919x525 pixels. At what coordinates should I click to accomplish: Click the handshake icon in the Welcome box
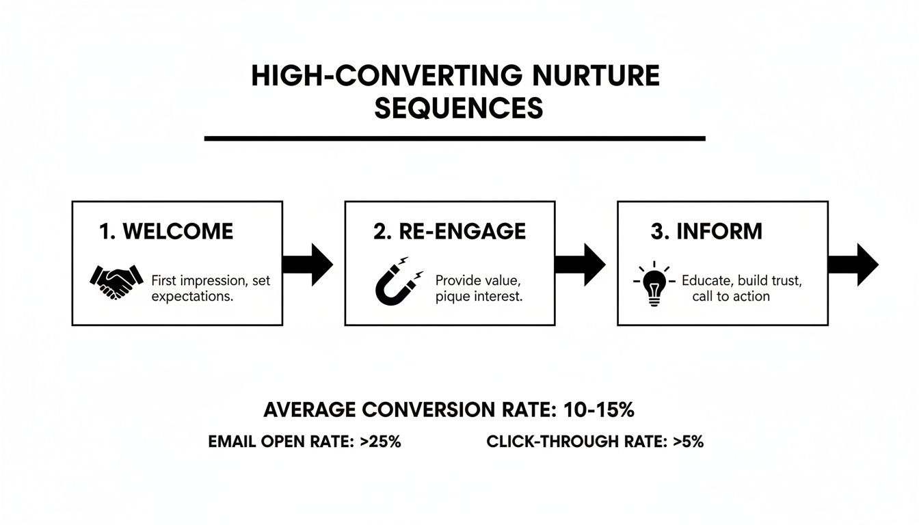tap(116, 281)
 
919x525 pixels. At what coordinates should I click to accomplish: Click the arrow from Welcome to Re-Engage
tap(308, 264)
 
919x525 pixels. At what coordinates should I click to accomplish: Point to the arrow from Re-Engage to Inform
tap(581, 264)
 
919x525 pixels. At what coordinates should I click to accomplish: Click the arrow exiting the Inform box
tap(853, 264)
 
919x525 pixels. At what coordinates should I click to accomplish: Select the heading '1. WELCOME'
tap(166, 232)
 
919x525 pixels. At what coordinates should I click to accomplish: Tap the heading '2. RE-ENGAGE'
tap(449, 232)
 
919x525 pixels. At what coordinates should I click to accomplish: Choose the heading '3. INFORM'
tap(706, 232)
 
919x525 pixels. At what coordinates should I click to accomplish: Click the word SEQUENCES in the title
tap(458, 109)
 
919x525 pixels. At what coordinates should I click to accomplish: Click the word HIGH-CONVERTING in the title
tap(379, 76)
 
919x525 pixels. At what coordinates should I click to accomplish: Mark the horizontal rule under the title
tap(455, 139)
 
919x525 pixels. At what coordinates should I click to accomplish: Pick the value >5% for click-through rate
tap(688, 442)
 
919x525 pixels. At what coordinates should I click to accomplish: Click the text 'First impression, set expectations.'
tap(211, 288)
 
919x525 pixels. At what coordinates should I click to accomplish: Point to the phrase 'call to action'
tap(730, 297)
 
